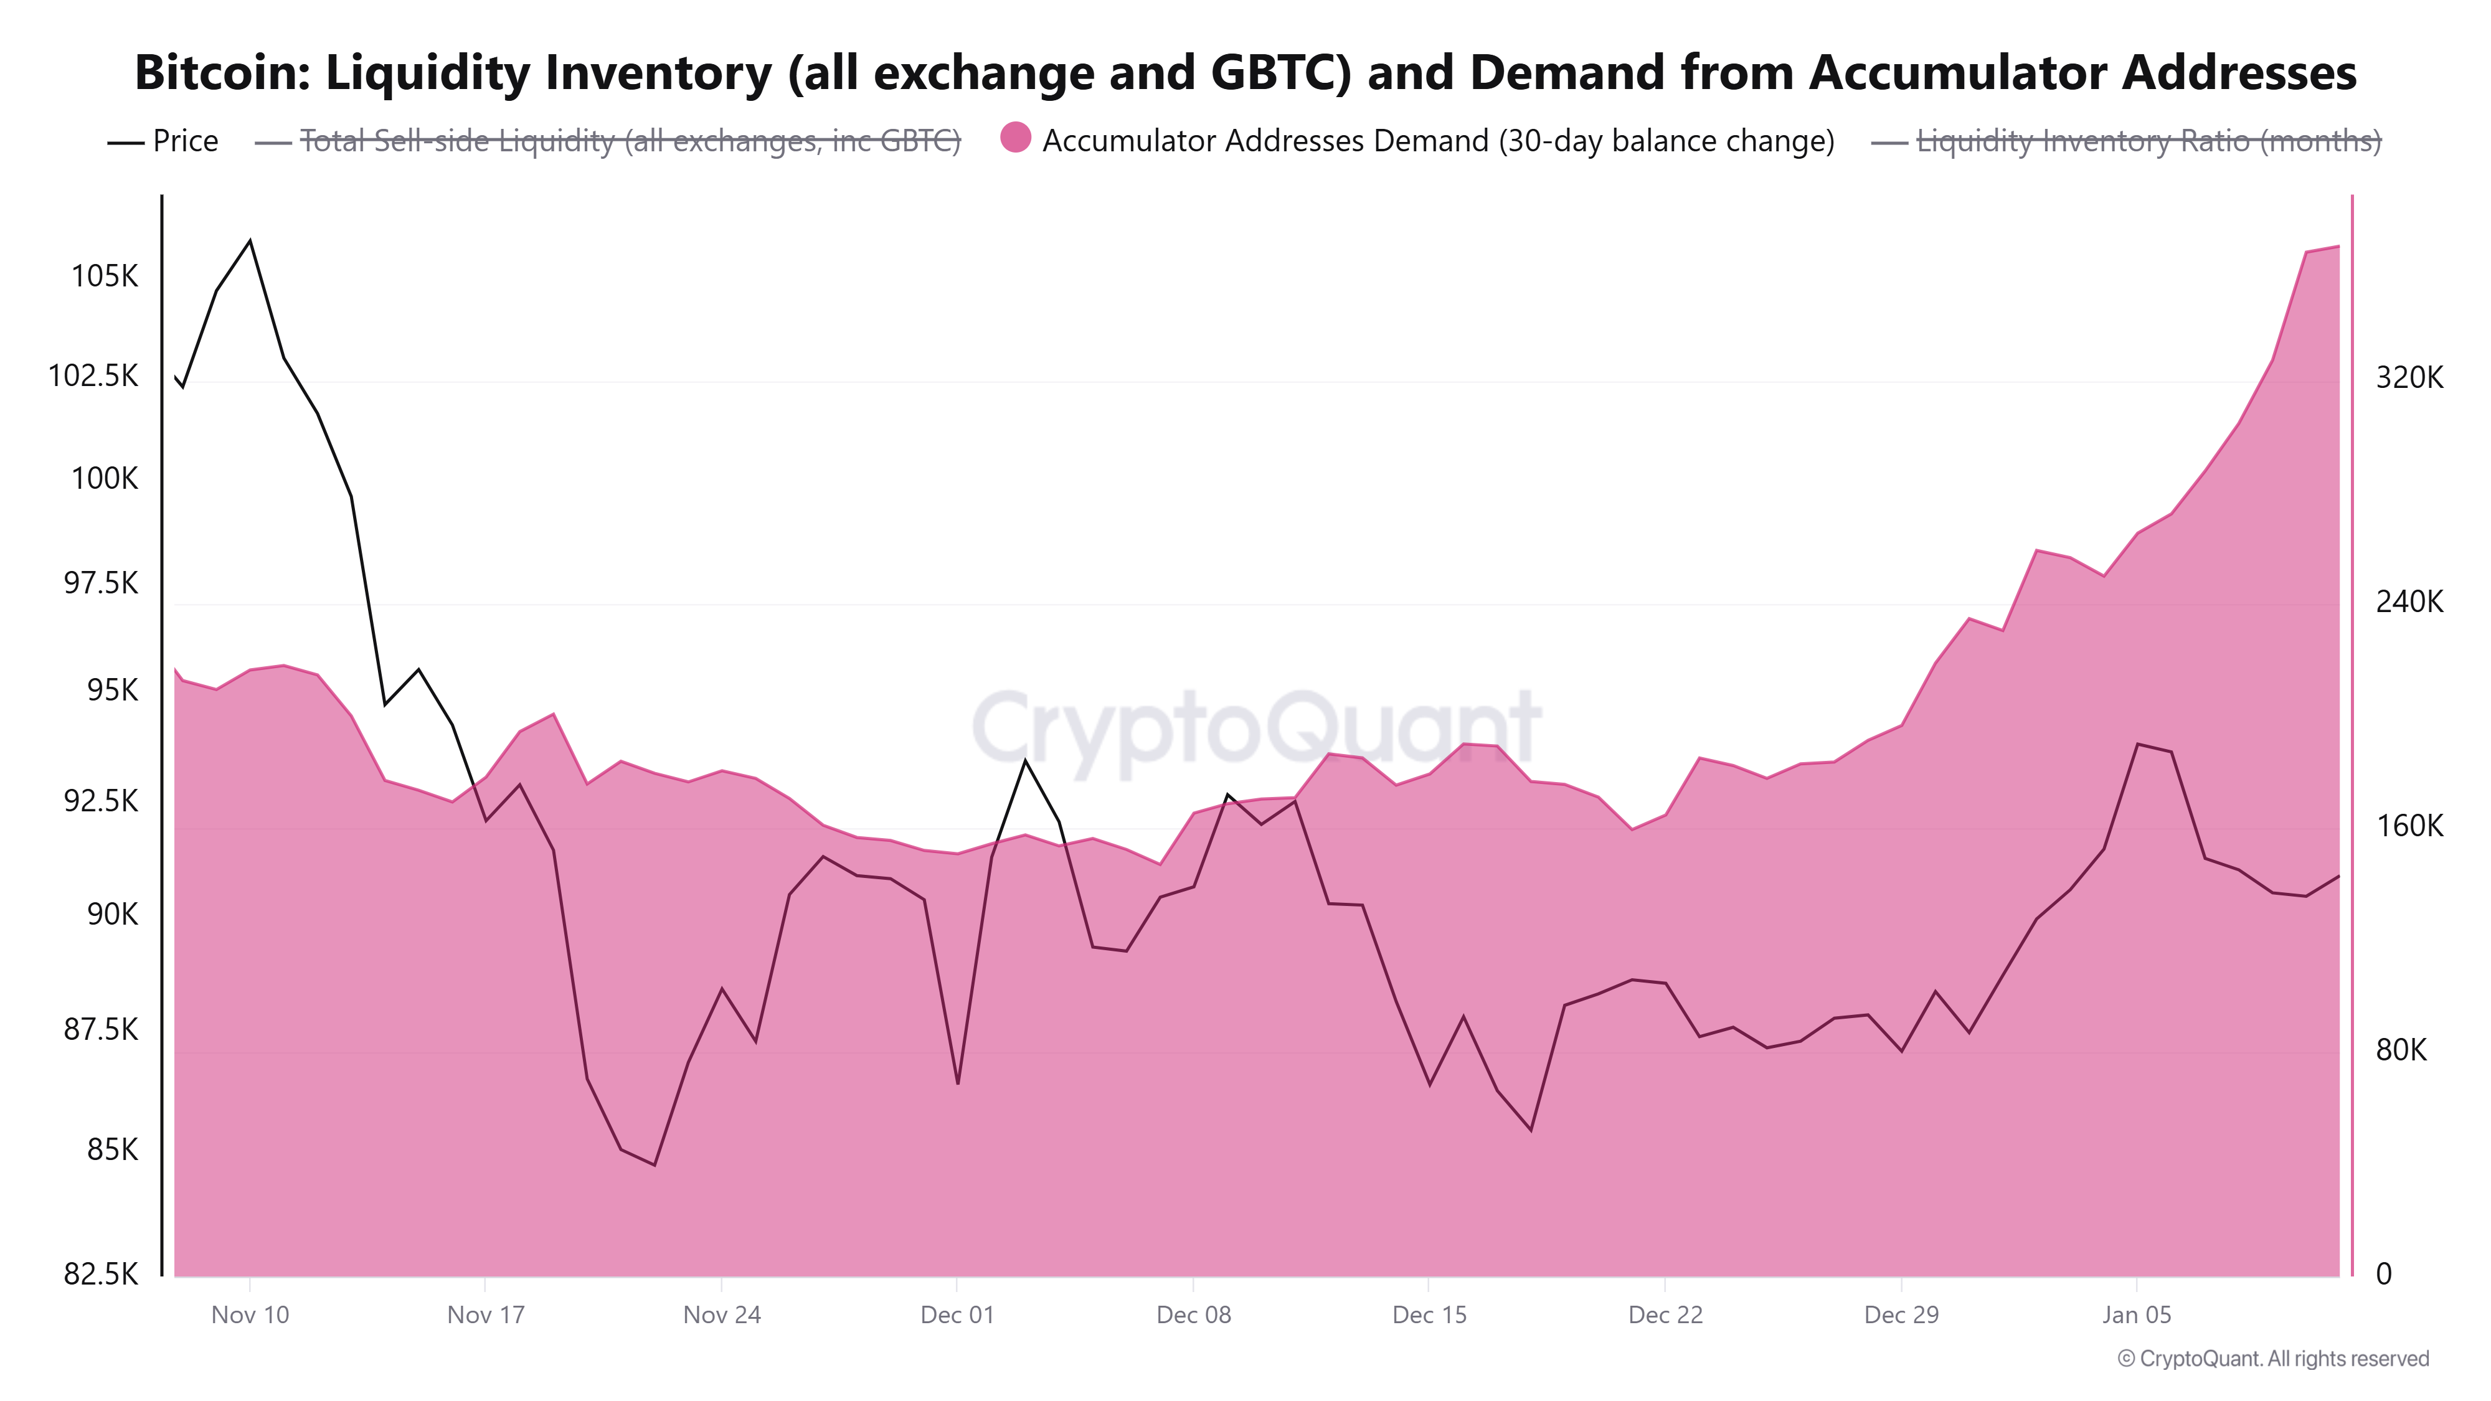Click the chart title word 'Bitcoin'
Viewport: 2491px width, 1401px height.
tap(222, 72)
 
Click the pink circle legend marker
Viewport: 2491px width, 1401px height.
tap(1015, 138)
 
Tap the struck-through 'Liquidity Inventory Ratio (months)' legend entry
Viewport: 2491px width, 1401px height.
tap(2148, 141)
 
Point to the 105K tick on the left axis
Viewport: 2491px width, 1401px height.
tap(105, 276)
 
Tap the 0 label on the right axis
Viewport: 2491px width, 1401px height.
tap(2384, 1273)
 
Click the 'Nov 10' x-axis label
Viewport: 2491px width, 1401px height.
tap(250, 1315)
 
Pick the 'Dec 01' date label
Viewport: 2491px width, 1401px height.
tap(957, 1315)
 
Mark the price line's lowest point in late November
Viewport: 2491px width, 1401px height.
tap(655, 1165)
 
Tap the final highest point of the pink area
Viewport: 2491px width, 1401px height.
tap(2338, 247)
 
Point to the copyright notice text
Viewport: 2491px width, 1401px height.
tap(2272, 1359)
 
